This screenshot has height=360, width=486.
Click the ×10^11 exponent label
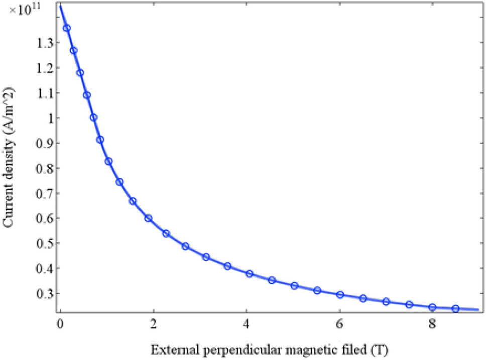click(24, 9)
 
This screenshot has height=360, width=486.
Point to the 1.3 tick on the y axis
click(44, 43)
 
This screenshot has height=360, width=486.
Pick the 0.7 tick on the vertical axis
click(44, 193)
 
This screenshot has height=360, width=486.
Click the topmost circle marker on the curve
click(67, 28)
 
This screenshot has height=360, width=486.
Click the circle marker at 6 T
click(340, 295)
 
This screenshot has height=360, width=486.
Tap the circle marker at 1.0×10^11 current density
click(93, 117)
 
